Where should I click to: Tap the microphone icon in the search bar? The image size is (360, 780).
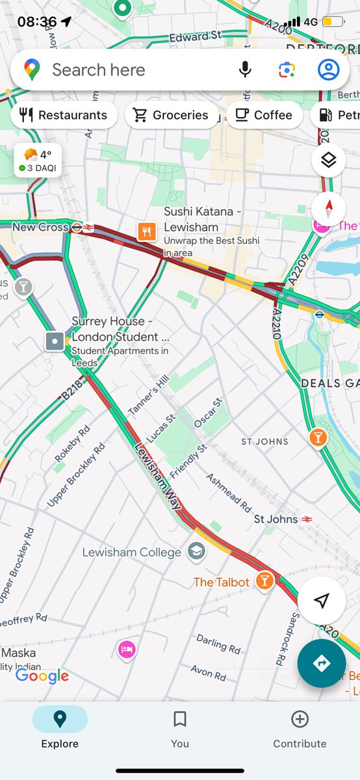[x=245, y=70]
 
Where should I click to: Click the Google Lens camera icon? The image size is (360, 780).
[x=287, y=70]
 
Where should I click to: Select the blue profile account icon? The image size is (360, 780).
[x=328, y=70]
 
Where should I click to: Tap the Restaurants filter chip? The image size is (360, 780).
[x=64, y=115]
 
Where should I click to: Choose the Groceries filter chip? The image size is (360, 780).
[x=172, y=115]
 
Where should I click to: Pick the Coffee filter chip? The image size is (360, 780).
[x=264, y=115]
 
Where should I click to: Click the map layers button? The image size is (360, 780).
[x=328, y=160]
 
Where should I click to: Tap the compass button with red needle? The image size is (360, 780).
[x=328, y=209]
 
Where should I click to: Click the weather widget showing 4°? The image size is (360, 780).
[x=38, y=160]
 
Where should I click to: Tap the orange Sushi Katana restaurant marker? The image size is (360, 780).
[x=147, y=231]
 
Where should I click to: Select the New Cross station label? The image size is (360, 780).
[x=40, y=227]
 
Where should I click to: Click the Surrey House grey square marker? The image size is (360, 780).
[x=55, y=341]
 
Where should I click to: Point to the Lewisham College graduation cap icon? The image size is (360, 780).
[x=195, y=552]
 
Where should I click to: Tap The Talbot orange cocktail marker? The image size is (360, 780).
[x=264, y=581]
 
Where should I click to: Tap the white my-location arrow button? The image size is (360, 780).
[x=321, y=601]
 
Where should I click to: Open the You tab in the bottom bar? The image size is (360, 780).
[x=180, y=728]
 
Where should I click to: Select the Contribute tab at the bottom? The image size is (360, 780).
[x=300, y=728]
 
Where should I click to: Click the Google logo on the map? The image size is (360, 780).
[x=42, y=676]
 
